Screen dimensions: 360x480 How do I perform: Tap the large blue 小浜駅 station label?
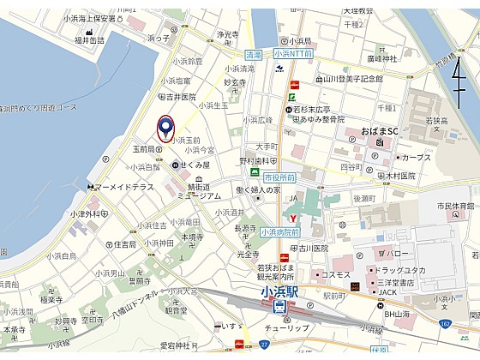point(282,292)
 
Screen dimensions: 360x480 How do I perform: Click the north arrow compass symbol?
point(461,82)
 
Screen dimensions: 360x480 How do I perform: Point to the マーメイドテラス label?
point(124,187)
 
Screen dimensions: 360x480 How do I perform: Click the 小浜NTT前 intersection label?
point(299,53)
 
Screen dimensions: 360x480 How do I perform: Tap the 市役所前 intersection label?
point(279,177)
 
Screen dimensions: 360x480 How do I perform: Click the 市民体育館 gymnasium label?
point(454,206)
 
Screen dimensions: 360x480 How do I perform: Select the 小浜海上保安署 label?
point(95,17)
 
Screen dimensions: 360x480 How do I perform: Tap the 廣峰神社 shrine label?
point(380,58)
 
